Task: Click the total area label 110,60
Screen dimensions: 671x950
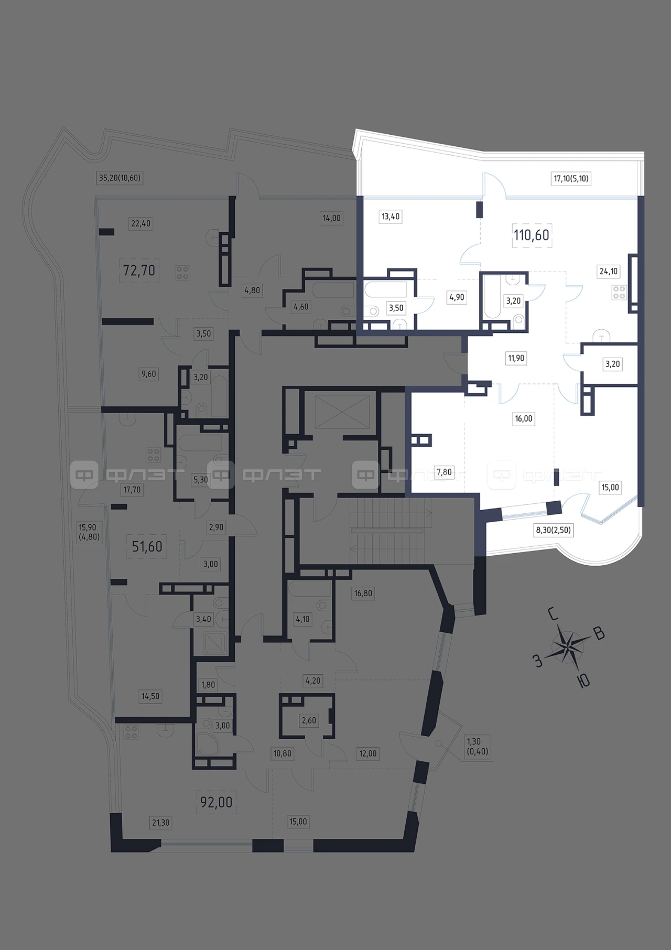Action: [532, 235]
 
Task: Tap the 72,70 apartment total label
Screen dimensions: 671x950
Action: [139, 271]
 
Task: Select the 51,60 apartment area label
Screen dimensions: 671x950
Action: [147, 547]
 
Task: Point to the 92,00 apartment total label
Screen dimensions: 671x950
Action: [216, 802]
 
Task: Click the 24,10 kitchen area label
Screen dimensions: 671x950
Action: [609, 272]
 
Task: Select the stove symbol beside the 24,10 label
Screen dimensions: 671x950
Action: [619, 293]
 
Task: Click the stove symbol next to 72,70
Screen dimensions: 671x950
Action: [182, 273]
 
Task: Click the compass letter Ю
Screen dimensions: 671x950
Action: [583, 681]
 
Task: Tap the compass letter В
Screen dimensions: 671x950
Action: [599, 634]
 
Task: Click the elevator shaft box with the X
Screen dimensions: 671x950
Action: [341, 412]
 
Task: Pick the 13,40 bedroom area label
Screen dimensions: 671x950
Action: [391, 217]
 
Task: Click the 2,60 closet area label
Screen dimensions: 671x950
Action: [309, 720]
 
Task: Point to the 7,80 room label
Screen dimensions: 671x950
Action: [444, 472]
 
